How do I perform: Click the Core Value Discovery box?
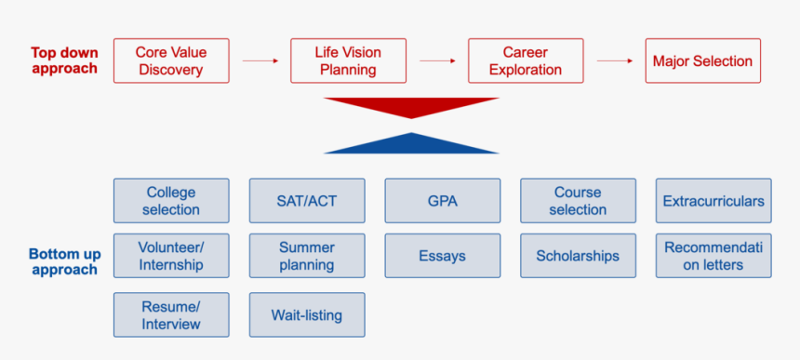pos(171,60)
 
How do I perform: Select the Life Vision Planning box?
pos(349,60)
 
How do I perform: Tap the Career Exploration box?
pos(526,60)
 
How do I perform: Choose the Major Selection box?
pos(703,60)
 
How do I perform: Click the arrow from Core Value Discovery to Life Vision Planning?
pos(260,61)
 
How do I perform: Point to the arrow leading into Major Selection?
pos(615,61)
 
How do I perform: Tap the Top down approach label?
pos(64,60)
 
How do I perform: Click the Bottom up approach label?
pos(65,261)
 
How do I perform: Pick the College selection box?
pos(171,201)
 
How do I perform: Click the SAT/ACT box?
pos(307,201)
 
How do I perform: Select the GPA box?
pos(443,201)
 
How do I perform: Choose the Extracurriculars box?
pos(713,201)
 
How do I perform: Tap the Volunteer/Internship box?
pos(171,256)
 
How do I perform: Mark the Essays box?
pos(443,256)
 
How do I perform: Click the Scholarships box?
pos(578,256)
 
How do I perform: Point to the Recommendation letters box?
pos(713,256)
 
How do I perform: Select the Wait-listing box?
pos(307,315)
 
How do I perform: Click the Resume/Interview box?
pos(171,315)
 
